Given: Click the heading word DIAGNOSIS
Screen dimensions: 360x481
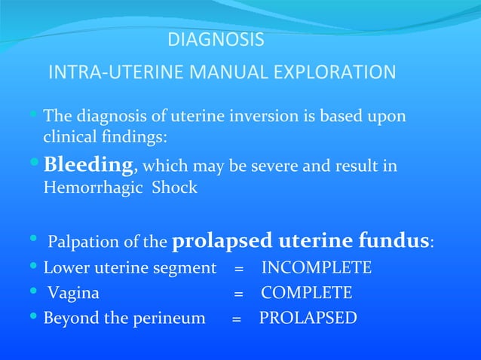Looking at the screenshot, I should point(215,39).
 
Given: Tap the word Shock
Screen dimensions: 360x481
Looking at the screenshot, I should point(174,188).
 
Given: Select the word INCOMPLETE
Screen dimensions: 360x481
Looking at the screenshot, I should point(317,268).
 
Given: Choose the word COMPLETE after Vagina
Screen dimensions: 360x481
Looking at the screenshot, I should point(307,293).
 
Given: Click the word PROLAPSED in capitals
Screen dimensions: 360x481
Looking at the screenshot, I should point(308,318).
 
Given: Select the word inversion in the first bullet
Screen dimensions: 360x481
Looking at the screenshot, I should point(247,117).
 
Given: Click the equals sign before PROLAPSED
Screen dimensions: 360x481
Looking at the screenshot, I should point(236,319).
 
